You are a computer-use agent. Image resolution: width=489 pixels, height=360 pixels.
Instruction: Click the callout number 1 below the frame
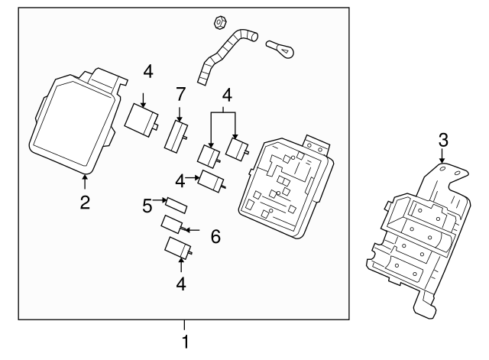pyautogui.click(x=183, y=342)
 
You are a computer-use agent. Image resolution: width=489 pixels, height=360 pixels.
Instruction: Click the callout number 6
pyautogui.click(x=215, y=237)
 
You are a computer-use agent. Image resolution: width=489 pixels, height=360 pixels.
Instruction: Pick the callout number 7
pyautogui.click(x=180, y=96)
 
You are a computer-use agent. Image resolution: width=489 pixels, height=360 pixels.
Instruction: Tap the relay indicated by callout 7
pyautogui.click(x=178, y=138)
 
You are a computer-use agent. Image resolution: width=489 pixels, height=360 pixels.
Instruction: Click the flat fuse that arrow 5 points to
pyautogui.click(x=176, y=206)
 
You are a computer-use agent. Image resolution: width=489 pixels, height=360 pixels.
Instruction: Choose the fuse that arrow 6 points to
pyautogui.click(x=172, y=225)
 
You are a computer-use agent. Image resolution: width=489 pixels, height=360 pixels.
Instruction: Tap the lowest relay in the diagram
pyautogui.click(x=179, y=248)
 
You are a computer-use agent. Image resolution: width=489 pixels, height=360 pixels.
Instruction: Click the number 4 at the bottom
pyautogui.click(x=180, y=284)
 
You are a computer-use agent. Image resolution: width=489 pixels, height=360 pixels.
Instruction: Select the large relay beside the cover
pyautogui.click(x=142, y=117)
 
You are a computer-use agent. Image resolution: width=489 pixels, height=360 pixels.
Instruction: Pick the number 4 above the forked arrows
pyautogui.click(x=226, y=96)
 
